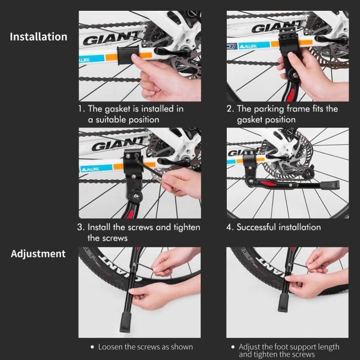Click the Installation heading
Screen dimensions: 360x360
[x=39, y=37]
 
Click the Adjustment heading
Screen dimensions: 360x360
[x=38, y=254]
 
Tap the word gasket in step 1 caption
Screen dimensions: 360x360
[x=117, y=109]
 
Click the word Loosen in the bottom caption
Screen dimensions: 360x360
[x=110, y=347]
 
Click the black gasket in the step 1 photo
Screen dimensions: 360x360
[x=128, y=55]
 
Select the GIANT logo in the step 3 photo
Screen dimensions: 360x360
[x=118, y=144]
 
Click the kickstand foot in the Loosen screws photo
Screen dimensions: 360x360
[x=125, y=322]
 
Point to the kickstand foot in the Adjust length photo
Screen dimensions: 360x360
[x=283, y=302]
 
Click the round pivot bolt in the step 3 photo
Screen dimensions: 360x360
[x=136, y=196]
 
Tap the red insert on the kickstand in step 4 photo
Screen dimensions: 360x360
[x=267, y=183]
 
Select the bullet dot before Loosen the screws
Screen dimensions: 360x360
[x=92, y=347]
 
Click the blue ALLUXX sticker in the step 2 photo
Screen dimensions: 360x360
[x=254, y=46]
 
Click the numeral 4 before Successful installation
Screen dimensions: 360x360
[x=229, y=227]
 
